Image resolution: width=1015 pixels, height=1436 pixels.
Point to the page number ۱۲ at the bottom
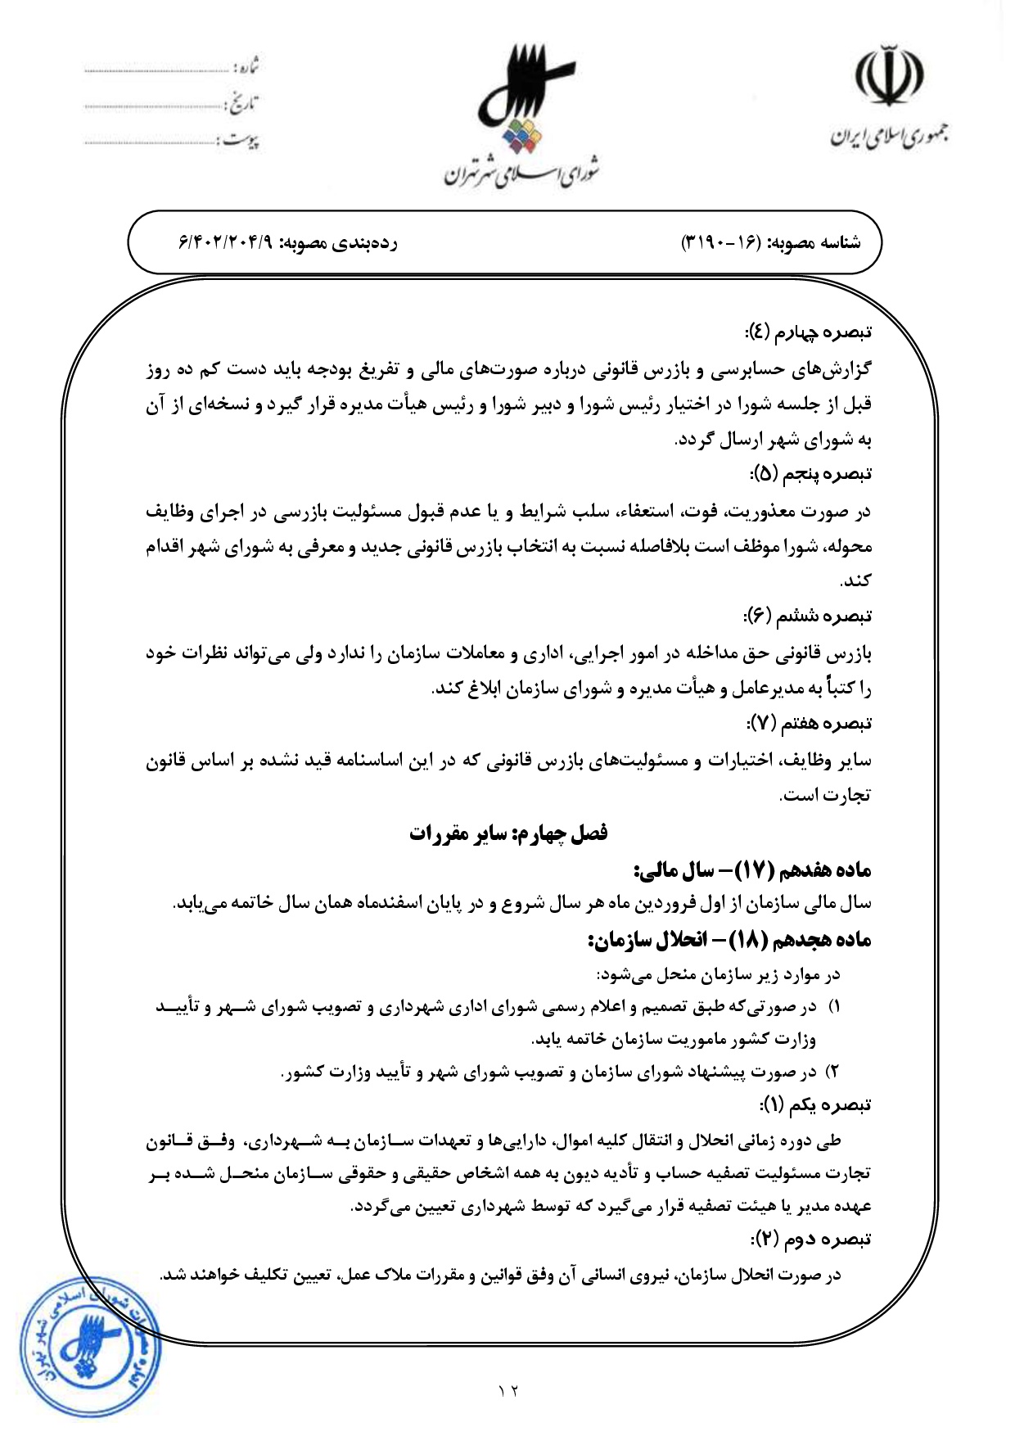pos(508,1389)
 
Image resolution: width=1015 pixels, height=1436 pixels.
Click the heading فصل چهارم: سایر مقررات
pos(508,833)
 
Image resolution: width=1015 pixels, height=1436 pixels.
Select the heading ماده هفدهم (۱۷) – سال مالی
pos(752,869)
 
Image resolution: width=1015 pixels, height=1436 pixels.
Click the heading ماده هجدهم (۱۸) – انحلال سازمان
pos(729,939)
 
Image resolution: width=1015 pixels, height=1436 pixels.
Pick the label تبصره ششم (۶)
pos(807,616)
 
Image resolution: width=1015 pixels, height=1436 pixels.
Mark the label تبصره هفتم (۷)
pos(809,723)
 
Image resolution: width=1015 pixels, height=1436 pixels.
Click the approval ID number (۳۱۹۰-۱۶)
pos(722,243)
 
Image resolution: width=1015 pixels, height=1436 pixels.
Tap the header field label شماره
pos(245,66)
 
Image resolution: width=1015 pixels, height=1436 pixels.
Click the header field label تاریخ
pos(241,104)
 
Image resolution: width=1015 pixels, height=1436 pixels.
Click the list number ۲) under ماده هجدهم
pos(832,1071)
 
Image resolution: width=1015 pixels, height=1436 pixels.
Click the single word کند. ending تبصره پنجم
pos(855,580)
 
